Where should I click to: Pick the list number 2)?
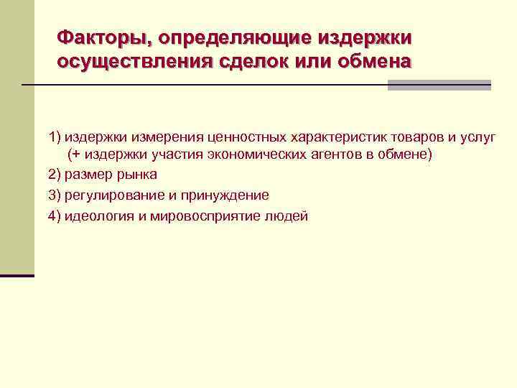tap(55, 175)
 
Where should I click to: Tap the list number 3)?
tap(55, 195)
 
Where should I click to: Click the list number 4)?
tap(55, 216)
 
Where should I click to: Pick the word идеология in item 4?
tap(98, 216)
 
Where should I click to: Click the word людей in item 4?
tap(287, 216)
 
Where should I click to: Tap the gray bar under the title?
tap(439, 85)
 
